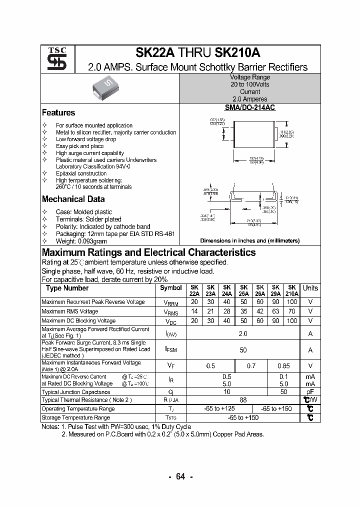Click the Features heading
(58, 113)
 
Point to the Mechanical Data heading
(73, 199)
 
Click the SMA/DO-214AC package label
(249, 107)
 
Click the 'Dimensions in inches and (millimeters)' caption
(249, 240)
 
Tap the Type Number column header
(67, 288)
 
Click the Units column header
(310, 288)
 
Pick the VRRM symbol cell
(171, 302)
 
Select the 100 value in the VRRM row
(291, 302)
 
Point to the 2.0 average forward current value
(243, 333)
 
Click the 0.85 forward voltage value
(283, 366)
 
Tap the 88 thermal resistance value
(243, 400)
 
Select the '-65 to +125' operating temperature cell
(219, 409)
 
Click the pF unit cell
(310, 392)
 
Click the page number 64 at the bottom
(180, 476)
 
